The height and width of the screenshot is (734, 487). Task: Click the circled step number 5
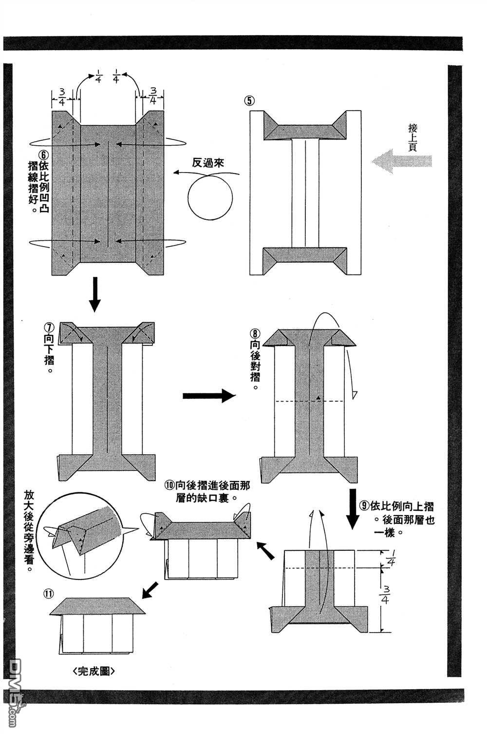249,100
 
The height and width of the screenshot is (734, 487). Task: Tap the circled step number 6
44,155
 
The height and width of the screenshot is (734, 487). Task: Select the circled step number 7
49,328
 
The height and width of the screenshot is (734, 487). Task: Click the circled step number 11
49,594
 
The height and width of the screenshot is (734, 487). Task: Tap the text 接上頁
412,137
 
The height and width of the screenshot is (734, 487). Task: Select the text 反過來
207,162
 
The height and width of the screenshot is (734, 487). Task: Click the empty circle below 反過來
210,198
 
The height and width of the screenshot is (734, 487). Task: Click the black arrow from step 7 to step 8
209,395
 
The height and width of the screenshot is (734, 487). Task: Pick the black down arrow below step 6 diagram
94,294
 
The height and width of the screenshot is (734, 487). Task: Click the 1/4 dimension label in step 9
391,558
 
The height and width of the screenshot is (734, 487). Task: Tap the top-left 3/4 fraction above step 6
61,97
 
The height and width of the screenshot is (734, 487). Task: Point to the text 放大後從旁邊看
29,531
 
